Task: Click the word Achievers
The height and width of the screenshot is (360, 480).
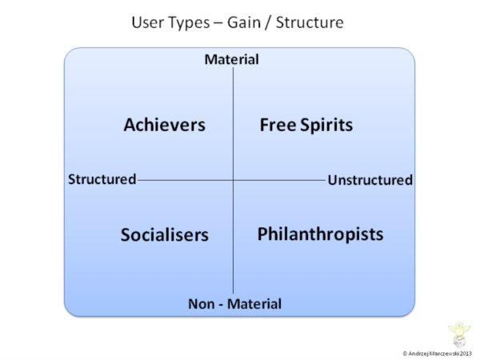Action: tap(164, 125)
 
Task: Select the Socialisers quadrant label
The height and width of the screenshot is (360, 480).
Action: tap(164, 234)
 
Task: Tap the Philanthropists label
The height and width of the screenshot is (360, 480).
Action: tap(320, 234)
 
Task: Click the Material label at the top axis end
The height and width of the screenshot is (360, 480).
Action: tap(232, 59)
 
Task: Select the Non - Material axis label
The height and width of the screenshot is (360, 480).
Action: tap(234, 304)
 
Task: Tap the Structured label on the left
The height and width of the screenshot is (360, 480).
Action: tap(102, 179)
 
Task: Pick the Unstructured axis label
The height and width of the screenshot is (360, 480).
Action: tap(370, 180)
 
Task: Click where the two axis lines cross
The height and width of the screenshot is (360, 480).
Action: tap(233, 180)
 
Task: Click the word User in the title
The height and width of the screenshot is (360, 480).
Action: tap(148, 23)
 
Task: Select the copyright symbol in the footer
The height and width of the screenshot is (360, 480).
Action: tap(405, 353)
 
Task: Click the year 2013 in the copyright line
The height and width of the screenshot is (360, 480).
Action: tap(465, 353)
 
